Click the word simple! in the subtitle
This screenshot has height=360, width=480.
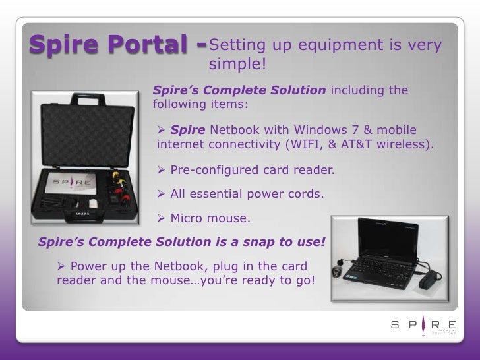coord(237,64)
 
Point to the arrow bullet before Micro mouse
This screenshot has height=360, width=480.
coord(163,217)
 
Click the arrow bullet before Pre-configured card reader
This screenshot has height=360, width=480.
coord(163,171)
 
